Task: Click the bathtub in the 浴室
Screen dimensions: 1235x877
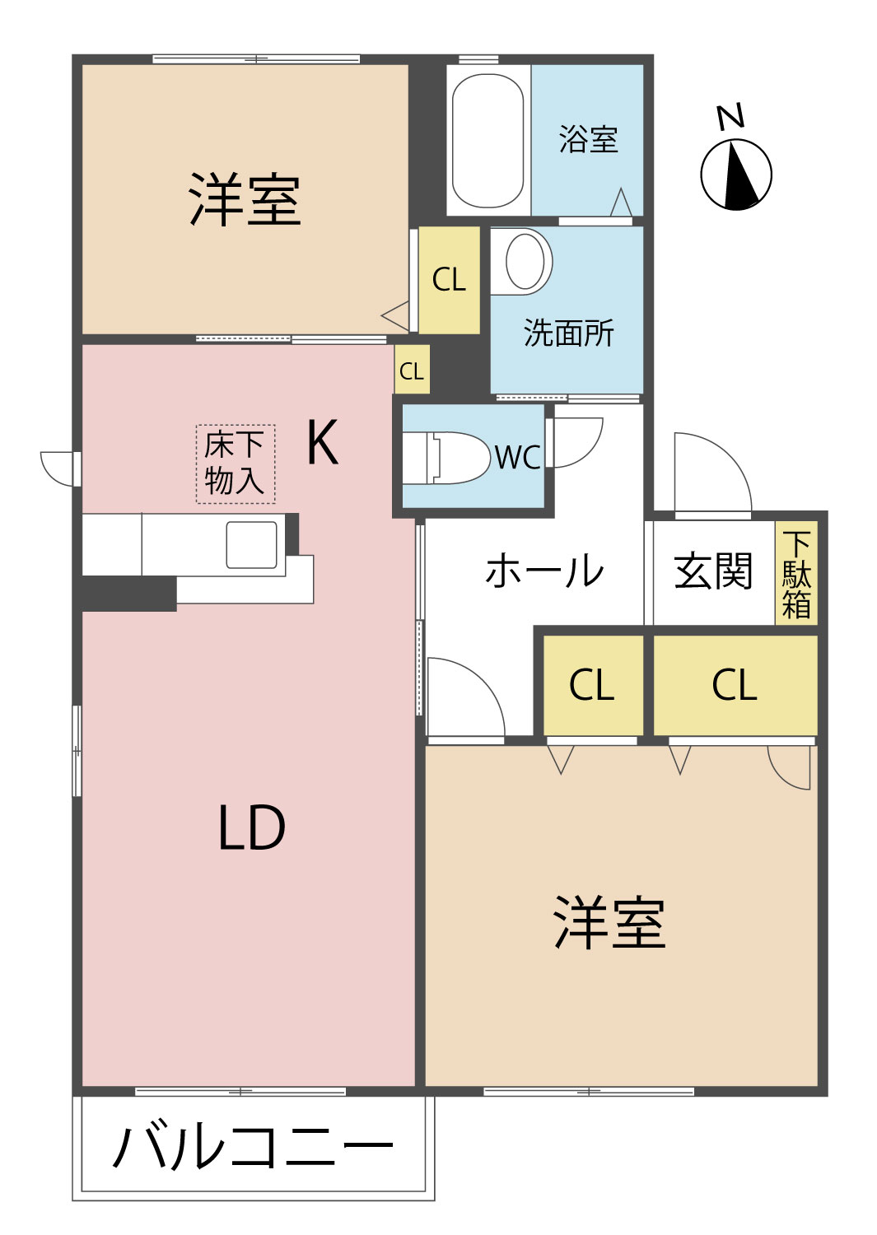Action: click(x=487, y=141)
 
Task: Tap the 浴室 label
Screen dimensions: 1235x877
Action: click(x=588, y=139)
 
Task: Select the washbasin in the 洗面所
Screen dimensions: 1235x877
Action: click(x=525, y=261)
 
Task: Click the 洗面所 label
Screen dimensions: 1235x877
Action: click(x=568, y=333)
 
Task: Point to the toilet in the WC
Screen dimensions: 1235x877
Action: click(x=449, y=458)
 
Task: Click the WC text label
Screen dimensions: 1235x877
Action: click(x=518, y=458)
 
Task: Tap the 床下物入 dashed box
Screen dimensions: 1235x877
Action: click(x=235, y=464)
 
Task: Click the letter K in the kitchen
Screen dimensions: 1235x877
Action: click(x=322, y=443)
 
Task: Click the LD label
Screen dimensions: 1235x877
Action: click(x=251, y=828)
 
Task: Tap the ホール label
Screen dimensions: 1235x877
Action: click(x=544, y=571)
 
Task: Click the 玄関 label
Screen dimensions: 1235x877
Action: click(x=713, y=571)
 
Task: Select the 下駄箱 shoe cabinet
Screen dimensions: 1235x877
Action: click(x=796, y=574)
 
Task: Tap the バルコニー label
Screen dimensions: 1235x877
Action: click(x=253, y=1146)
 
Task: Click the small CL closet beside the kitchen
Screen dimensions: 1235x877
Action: click(x=411, y=371)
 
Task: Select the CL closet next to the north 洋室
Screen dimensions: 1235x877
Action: click(x=449, y=280)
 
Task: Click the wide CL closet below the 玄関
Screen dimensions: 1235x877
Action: click(x=735, y=685)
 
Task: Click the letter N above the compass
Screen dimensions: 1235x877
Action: click(x=730, y=117)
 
